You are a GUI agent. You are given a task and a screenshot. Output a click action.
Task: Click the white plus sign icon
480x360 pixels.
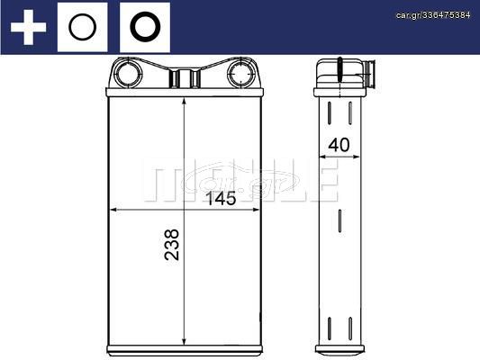point(29,27)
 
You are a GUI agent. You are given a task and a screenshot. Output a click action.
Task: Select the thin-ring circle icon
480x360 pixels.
point(82,27)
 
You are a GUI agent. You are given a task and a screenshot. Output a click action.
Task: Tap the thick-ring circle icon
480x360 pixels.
point(145,27)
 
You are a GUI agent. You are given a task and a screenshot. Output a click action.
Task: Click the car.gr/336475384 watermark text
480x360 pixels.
point(433,15)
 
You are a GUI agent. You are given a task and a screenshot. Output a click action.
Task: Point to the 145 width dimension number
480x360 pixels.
point(221,199)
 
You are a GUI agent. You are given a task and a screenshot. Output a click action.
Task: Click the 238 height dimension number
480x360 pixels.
point(172,245)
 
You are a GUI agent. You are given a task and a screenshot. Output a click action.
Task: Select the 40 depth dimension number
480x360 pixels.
point(339,145)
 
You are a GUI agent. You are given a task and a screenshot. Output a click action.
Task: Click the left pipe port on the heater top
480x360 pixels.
point(128,74)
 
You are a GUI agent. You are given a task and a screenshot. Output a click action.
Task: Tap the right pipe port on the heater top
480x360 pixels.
point(242,74)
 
